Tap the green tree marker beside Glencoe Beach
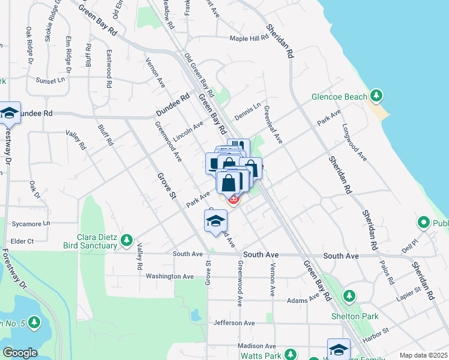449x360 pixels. (376, 95)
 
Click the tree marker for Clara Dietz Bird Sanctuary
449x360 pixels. (126, 241)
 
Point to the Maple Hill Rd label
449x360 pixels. (249, 39)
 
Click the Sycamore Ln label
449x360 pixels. (30, 224)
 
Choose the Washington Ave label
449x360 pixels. (170, 277)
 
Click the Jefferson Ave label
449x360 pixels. (234, 323)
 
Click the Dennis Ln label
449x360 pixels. (248, 112)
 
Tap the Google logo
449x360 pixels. (20, 353)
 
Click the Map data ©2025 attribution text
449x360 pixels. (423, 355)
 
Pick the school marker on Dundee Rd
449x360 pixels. (9, 112)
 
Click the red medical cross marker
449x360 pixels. (232, 199)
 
